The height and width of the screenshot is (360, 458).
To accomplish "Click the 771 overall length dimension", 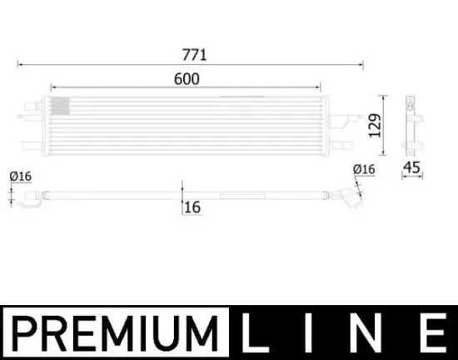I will pyautogui.click(x=195, y=55).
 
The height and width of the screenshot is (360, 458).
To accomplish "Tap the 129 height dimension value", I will pyautogui.click(x=374, y=124).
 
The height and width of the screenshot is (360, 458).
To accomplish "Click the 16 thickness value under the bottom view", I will pyautogui.click(x=192, y=206).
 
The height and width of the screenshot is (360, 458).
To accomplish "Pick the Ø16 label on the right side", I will pyautogui.click(x=364, y=169).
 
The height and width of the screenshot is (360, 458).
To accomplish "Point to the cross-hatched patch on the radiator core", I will pyautogui.click(x=60, y=106).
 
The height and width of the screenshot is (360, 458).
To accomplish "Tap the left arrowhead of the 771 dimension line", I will pyautogui.click(x=20, y=63).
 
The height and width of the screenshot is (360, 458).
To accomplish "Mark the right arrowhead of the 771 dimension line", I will pyautogui.click(x=361, y=63).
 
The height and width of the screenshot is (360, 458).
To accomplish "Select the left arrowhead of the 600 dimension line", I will pyautogui.click(x=53, y=86).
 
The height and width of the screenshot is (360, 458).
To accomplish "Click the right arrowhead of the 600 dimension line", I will pyautogui.click(x=319, y=86).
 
